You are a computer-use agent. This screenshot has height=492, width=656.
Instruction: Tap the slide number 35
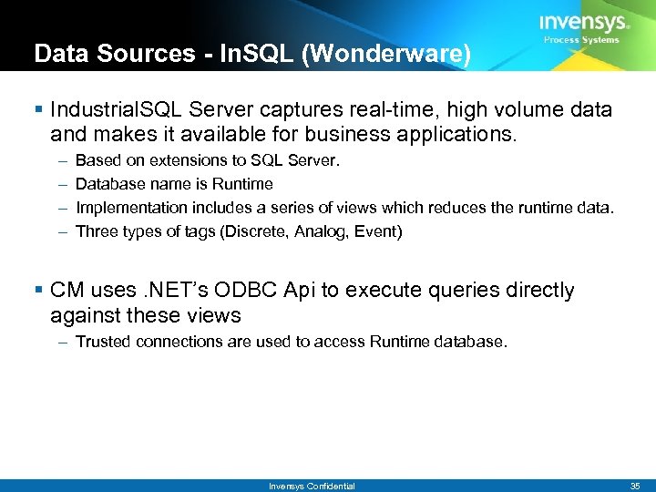634,486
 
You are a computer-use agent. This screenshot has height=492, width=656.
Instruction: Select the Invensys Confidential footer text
312,486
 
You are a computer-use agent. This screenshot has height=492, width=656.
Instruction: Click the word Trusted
103,342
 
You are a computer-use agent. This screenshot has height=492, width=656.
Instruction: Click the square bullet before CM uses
38,291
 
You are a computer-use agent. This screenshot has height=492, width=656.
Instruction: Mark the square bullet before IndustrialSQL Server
38,110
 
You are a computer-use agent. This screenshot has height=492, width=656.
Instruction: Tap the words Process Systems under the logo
581,40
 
